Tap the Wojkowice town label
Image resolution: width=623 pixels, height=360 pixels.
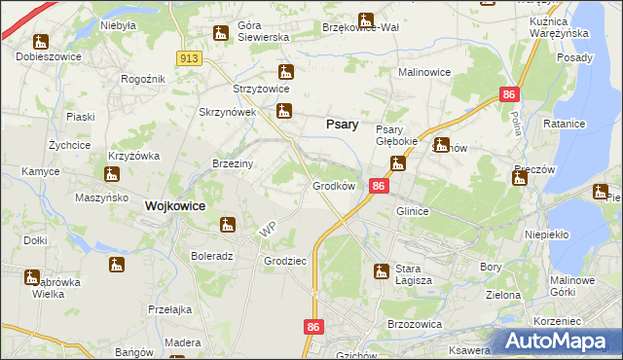174,206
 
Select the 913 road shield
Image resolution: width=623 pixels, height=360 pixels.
190,59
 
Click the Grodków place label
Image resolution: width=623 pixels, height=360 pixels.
333,185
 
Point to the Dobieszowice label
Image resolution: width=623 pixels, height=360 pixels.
48,56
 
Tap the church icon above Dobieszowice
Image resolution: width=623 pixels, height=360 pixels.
40,41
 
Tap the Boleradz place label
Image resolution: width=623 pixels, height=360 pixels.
212,257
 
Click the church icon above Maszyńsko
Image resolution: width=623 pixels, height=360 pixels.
111,175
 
